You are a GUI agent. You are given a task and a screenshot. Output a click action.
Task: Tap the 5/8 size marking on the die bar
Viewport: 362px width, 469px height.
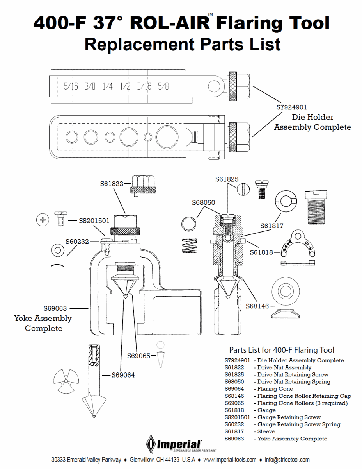tap(164, 86)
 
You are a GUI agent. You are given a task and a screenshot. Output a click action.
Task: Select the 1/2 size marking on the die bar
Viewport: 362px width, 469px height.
tap(126, 86)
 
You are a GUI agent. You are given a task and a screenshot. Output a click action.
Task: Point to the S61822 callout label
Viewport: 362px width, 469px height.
tap(112, 183)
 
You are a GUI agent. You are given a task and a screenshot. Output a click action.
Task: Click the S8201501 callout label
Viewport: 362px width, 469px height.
tap(94, 221)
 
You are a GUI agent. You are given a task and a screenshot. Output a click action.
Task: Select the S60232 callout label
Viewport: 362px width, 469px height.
tap(77, 242)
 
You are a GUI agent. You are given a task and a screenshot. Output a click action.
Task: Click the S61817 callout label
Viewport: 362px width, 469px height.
tap(272, 226)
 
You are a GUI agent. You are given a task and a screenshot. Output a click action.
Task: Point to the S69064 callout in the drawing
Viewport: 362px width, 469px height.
tap(123, 375)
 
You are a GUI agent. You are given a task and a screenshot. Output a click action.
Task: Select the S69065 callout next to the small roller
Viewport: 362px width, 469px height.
tap(138, 356)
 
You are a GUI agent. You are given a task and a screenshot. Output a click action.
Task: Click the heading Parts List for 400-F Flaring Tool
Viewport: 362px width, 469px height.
tap(281, 350)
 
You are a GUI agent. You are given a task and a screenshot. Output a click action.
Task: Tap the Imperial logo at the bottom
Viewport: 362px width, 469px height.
tap(174, 444)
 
